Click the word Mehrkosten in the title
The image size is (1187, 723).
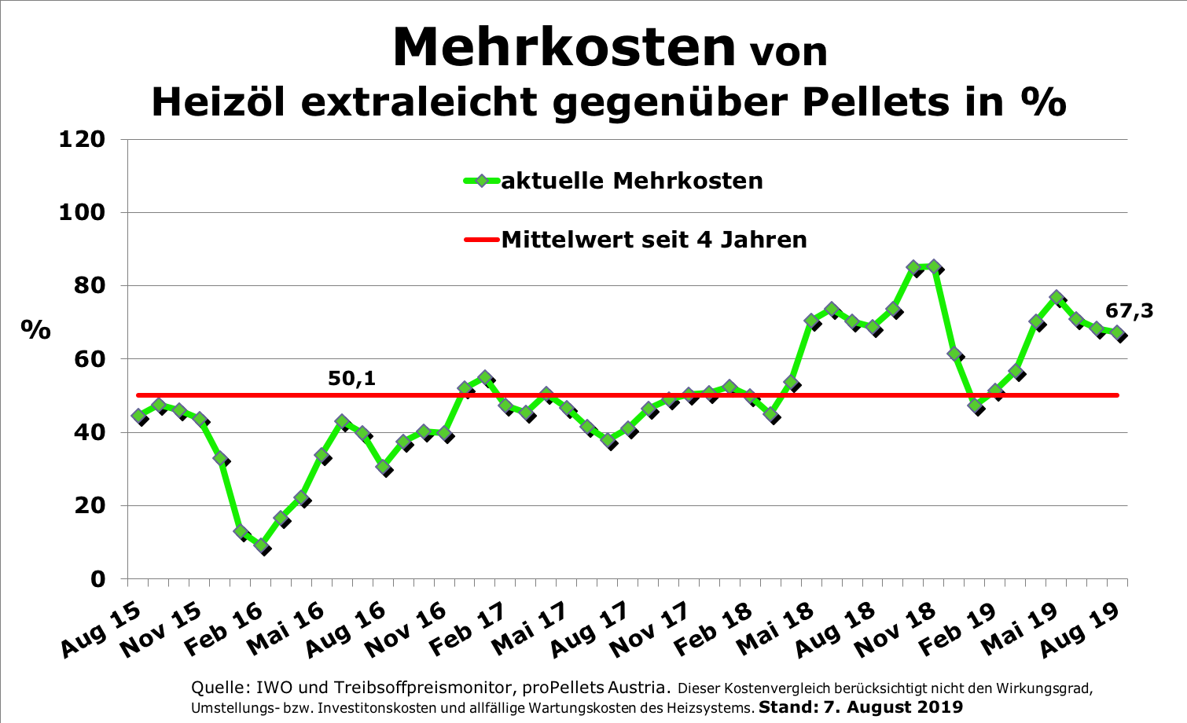pyautogui.click(x=564, y=47)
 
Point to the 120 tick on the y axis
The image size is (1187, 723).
pyautogui.click(x=82, y=139)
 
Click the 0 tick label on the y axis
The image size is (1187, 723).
pyautogui.click(x=97, y=579)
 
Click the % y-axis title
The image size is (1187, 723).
pyautogui.click(x=35, y=330)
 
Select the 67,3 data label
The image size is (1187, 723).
pyautogui.click(x=1130, y=311)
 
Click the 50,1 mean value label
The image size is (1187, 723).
pyautogui.click(x=351, y=379)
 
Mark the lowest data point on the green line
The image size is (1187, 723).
pyautogui.click(x=262, y=546)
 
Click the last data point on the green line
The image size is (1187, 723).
pyautogui.click(x=1117, y=332)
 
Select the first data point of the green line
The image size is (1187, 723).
pyautogui.click(x=140, y=417)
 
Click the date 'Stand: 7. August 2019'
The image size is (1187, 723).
pyautogui.click(x=860, y=706)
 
